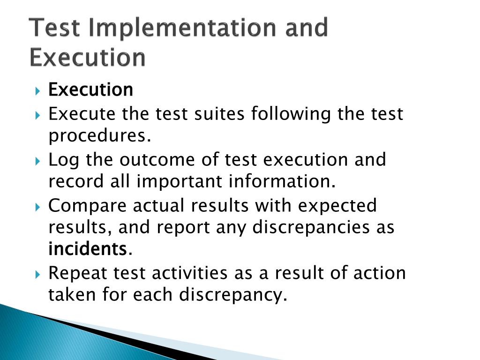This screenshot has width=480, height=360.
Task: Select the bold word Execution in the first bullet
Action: coord(91,90)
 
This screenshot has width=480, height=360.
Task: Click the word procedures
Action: coord(100,136)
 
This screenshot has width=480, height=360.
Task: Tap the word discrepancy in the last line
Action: coord(232,295)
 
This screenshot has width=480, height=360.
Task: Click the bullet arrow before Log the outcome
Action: coord(38,161)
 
